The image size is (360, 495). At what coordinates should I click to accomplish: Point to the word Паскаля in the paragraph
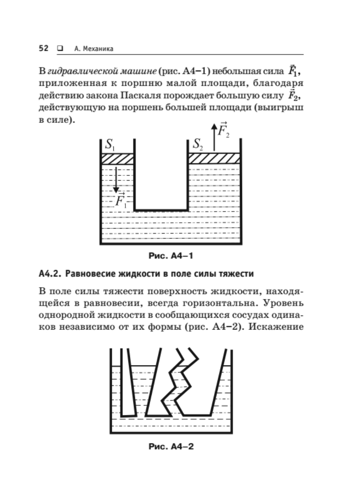coord(140,97)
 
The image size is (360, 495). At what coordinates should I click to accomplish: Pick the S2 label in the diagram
coord(198,145)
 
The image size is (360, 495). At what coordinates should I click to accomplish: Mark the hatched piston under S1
coord(118,158)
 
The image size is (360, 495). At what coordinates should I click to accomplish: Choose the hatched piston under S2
coord(214,158)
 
